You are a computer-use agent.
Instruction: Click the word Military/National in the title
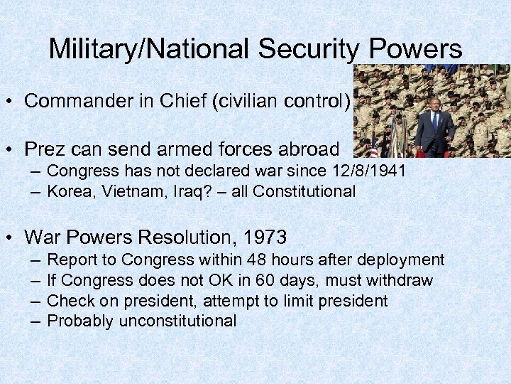150,49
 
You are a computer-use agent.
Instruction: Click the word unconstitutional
177,321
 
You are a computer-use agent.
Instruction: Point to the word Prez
45,149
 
